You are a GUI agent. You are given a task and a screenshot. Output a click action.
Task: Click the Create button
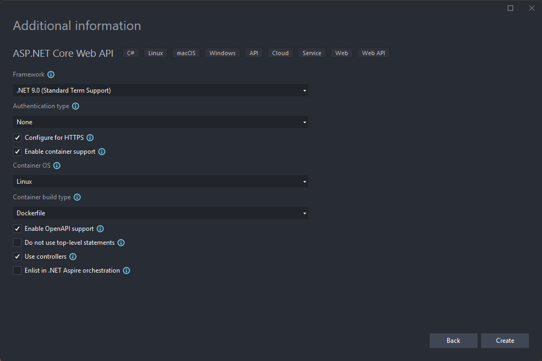pyautogui.click(x=505, y=341)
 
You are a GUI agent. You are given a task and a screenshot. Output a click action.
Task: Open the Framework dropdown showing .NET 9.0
pyautogui.click(x=160, y=90)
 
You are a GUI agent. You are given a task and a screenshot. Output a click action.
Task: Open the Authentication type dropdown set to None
pyautogui.click(x=160, y=122)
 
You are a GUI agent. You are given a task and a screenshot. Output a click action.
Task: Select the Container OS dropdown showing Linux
pyautogui.click(x=160, y=181)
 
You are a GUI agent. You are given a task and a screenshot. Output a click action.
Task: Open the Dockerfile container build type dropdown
pyautogui.click(x=160, y=213)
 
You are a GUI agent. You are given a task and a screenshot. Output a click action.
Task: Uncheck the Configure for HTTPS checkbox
pyautogui.click(x=17, y=138)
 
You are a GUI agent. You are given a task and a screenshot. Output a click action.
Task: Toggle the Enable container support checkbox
pyautogui.click(x=17, y=152)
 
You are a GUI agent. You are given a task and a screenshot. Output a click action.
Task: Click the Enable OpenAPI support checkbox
pyautogui.click(x=17, y=229)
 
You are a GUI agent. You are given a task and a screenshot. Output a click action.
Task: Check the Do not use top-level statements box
pyautogui.click(x=17, y=243)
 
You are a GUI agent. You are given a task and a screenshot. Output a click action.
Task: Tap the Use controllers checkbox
pyautogui.click(x=17, y=257)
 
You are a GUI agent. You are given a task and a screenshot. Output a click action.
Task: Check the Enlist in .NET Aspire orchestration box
pyautogui.click(x=17, y=270)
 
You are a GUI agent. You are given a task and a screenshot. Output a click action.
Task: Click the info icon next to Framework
pyautogui.click(x=51, y=74)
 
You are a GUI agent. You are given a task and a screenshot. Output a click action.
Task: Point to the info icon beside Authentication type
pyautogui.click(x=76, y=106)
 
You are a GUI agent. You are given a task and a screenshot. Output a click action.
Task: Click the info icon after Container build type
pyautogui.click(x=77, y=197)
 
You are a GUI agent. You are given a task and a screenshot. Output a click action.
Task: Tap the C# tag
pyautogui.click(x=131, y=53)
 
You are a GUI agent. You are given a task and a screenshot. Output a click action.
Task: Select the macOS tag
pyautogui.click(x=186, y=53)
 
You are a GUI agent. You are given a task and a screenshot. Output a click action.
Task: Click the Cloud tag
pyautogui.click(x=280, y=53)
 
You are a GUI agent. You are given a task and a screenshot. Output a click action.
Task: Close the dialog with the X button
pyautogui.click(x=532, y=8)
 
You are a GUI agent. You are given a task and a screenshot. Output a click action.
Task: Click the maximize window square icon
pyautogui.click(x=510, y=8)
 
